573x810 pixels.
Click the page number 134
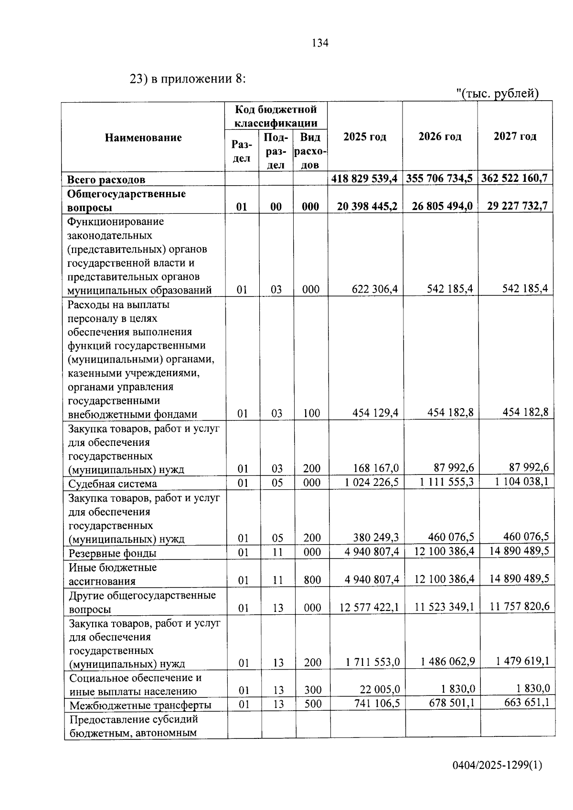pyautogui.click(x=320, y=43)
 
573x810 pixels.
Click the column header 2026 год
pyautogui.click(x=440, y=137)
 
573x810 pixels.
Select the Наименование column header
pyautogui.click(x=143, y=137)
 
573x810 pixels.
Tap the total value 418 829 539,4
pyautogui.click(x=365, y=179)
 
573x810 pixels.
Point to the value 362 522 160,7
pyautogui.click(x=514, y=179)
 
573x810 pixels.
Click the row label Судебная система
pyautogui.click(x=112, y=484)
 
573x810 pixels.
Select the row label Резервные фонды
pyautogui.click(x=112, y=553)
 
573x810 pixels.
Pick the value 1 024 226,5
pyautogui.click(x=371, y=482)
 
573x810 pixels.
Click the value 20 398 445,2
pyautogui.click(x=367, y=206)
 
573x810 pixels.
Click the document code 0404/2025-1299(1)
pyautogui.click(x=498, y=765)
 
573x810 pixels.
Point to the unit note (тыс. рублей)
pyautogui.click(x=499, y=94)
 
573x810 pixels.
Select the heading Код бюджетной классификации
pyautogui.click(x=276, y=116)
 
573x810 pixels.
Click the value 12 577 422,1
pyautogui.click(x=369, y=608)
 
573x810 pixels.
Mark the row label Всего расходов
pyautogui.click(x=106, y=180)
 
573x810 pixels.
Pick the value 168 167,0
pyautogui.click(x=375, y=468)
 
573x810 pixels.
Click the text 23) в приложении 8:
pyautogui.click(x=188, y=79)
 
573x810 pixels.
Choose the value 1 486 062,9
pyautogui.click(x=447, y=662)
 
